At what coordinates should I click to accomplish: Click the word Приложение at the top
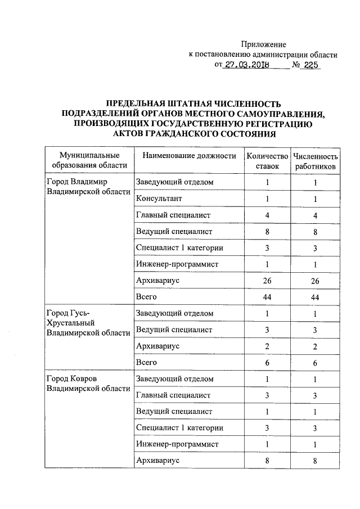point(264,44)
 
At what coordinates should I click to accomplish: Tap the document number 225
point(310,65)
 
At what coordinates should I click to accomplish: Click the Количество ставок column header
point(267,161)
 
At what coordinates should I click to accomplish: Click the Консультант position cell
point(159,199)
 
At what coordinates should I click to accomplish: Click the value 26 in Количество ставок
point(267,280)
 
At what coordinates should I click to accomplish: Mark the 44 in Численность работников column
point(316,296)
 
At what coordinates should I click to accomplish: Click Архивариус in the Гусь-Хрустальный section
point(157,346)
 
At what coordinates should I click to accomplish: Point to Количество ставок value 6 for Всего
point(267,363)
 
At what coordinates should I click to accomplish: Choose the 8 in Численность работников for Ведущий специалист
point(316,231)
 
